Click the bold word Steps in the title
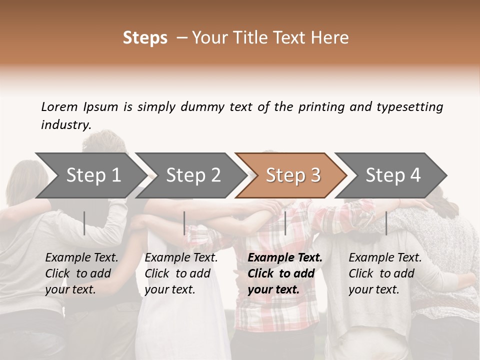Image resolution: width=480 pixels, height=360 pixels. [x=145, y=38]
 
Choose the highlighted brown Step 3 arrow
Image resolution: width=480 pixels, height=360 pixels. [x=293, y=175]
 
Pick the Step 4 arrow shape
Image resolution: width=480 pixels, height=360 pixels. [x=393, y=175]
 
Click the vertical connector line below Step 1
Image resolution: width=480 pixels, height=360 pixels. [x=84, y=223]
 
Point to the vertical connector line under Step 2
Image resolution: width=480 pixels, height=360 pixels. [x=184, y=223]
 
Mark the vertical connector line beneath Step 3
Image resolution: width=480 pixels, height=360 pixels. [x=285, y=223]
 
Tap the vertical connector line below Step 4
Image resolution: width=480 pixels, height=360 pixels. [x=386, y=223]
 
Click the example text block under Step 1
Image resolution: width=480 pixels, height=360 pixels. [x=81, y=273]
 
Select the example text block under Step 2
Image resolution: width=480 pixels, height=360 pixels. [x=181, y=273]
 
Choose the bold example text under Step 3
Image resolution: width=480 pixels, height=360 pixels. [x=285, y=273]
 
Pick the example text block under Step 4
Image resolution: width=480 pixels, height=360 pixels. [x=385, y=273]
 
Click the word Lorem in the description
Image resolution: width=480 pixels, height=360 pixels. [x=59, y=106]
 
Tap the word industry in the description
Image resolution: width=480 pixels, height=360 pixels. [x=66, y=125]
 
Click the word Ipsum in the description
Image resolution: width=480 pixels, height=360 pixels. [x=101, y=106]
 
